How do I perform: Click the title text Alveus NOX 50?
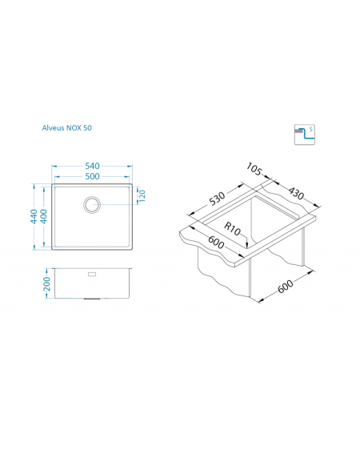[x=67, y=127]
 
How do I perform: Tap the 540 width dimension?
[x=92, y=166]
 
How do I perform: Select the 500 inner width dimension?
[x=92, y=176]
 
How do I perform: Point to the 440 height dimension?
[x=34, y=216]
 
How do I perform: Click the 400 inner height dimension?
[x=43, y=216]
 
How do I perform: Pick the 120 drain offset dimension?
[x=142, y=195]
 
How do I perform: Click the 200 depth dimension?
[x=46, y=283]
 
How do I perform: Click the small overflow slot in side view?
[x=92, y=274]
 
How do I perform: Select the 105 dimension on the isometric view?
[x=254, y=169]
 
